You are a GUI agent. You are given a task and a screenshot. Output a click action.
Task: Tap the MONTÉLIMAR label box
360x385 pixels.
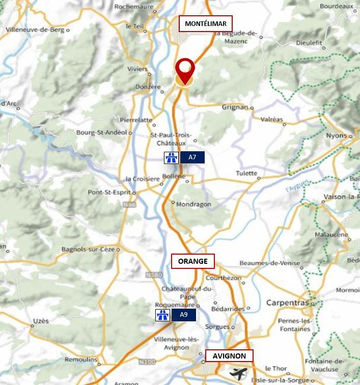(205, 24)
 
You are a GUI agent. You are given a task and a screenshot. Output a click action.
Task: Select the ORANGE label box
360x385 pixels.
(192, 261)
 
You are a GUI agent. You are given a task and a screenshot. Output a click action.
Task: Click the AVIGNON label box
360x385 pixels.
(229, 356)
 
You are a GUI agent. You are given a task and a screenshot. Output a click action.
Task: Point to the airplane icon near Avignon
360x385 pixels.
(238, 373)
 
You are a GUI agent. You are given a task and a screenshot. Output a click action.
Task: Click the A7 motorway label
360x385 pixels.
(192, 157)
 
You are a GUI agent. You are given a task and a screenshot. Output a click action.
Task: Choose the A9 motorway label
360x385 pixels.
(183, 315)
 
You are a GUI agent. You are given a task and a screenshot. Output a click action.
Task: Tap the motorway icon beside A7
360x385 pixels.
(171, 157)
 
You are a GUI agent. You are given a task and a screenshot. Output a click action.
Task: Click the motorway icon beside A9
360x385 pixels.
(162, 315)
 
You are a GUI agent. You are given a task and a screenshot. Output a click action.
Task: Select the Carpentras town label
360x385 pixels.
(287, 303)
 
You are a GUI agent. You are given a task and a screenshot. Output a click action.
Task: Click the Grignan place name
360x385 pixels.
(235, 107)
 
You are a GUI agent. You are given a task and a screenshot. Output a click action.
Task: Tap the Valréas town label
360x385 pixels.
(271, 119)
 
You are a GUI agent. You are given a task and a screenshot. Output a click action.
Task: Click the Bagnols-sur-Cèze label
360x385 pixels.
(88, 250)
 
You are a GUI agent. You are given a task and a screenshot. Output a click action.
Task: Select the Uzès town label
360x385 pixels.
(41, 321)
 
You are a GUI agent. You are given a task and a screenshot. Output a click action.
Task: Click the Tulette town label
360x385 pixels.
(246, 174)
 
